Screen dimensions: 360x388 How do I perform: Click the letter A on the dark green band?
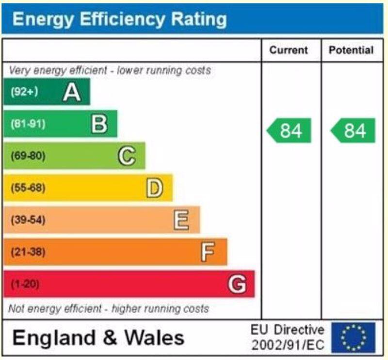click(72, 92)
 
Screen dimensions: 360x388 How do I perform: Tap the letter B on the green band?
click(99, 124)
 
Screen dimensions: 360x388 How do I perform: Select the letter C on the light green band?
click(127, 156)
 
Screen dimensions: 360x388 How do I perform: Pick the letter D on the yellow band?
click(154, 188)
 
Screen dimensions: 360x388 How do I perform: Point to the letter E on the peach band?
click(181, 220)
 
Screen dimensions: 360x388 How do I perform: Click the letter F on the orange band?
click(208, 252)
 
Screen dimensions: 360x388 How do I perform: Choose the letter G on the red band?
click(237, 284)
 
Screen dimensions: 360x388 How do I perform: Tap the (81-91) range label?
click(28, 124)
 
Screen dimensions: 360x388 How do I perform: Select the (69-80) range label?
click(28, 156)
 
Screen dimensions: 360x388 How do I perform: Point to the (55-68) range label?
click(28, 188)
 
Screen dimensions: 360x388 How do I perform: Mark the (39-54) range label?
click(28, 220)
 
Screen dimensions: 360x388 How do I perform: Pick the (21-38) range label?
click(28, 252)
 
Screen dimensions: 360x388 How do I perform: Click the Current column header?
click(289, 50)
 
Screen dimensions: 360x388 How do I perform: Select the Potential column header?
click(351, 50)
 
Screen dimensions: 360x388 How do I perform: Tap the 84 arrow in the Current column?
click(289, 131)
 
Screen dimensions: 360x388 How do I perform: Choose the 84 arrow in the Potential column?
click(353, 131)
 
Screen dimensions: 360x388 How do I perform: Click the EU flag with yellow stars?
click(354, 337)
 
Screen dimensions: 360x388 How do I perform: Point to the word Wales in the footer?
click(156, 337)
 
